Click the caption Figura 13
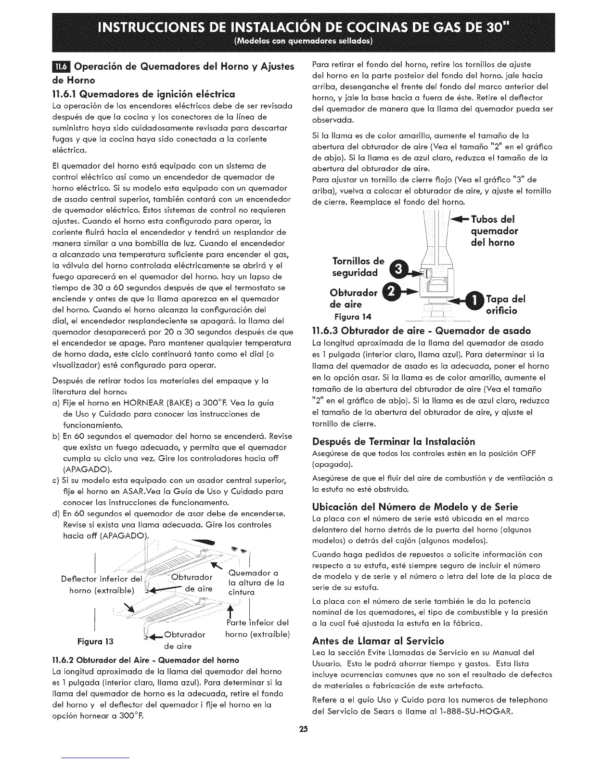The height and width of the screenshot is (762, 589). tap(98, 641)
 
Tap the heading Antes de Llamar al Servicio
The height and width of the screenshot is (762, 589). tap(378, 641)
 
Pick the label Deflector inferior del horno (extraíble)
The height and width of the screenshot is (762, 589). tap(102, 584)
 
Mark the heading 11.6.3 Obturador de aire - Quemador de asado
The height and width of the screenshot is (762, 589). tap(422, 331)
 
